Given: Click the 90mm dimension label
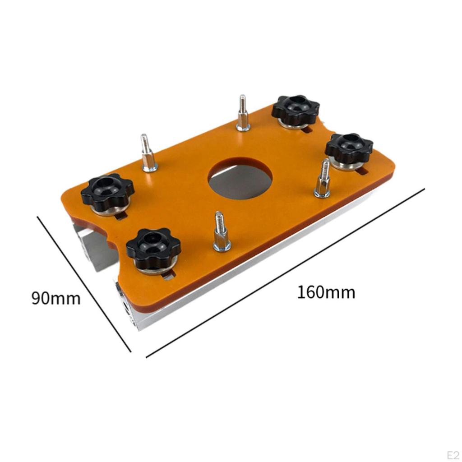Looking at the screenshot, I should [x=56, y=298].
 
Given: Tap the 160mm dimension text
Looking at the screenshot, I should [x=326, y=292].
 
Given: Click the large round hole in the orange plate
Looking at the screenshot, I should [x=240, y=178].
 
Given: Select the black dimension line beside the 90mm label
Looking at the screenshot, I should [x=84, y=283].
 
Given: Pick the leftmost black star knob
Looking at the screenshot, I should [x=108, y=192].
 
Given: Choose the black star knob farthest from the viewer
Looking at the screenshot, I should [x=296, y=110].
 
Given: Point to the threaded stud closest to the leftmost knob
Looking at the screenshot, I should [x=148, y=153].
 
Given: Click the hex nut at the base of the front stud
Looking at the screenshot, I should [x=222, y=244].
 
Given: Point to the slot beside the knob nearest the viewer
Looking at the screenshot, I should [x=168, y=275].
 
